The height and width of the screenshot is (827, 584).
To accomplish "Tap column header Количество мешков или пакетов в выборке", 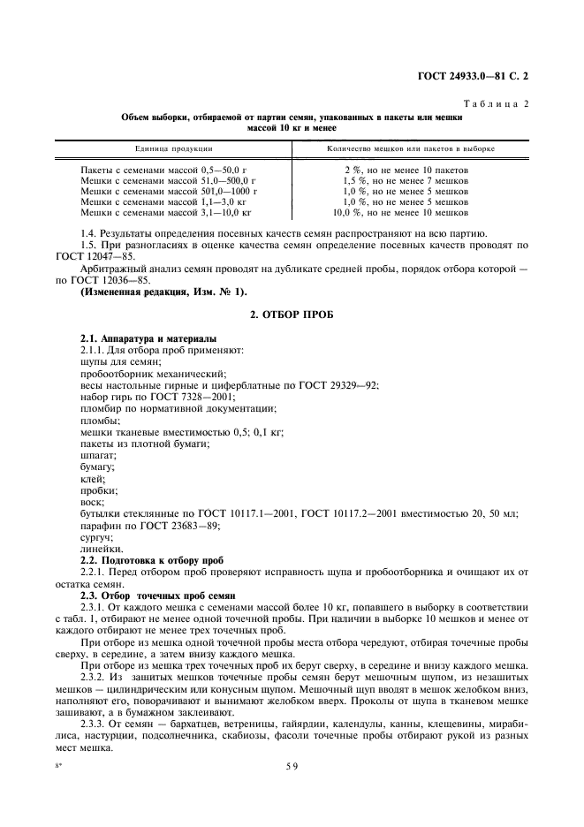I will (x=411, y=148).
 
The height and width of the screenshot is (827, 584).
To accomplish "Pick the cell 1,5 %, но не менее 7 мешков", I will (x=406, y=180).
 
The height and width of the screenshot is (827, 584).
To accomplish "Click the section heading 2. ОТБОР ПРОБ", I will (x=292, y=315).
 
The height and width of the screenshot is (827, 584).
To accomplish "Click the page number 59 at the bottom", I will (x=292, y=767).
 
